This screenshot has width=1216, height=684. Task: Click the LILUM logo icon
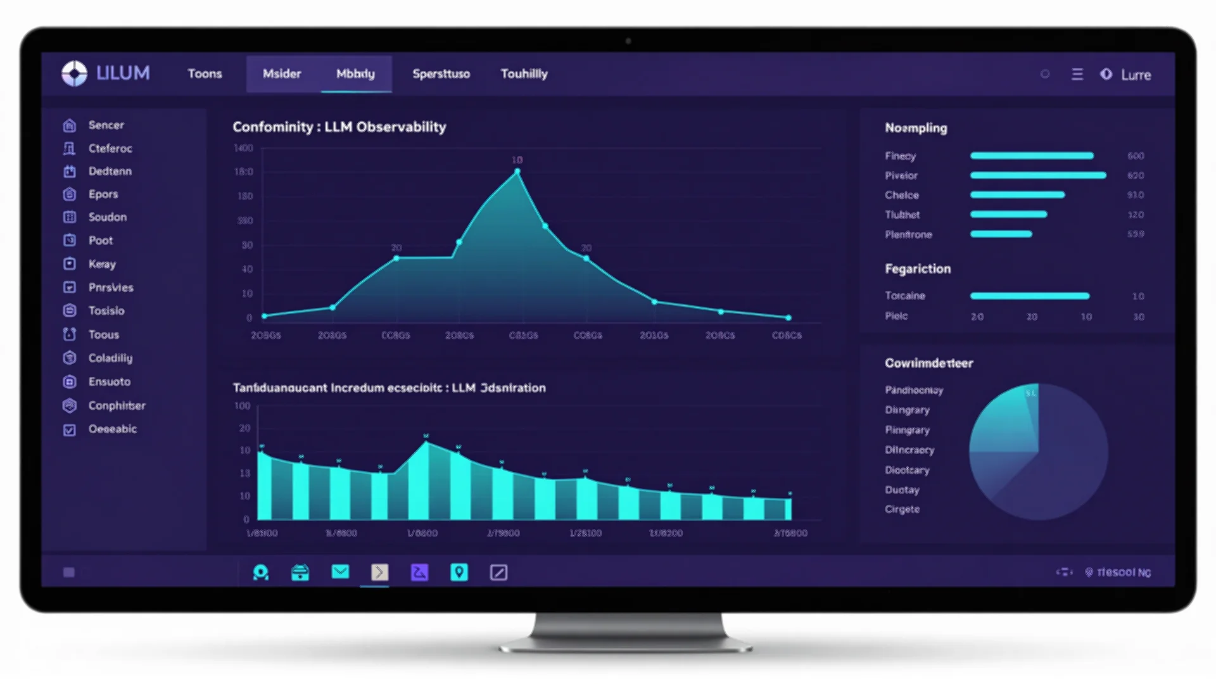point(74,73)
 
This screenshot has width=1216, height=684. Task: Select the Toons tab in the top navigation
point(205,73)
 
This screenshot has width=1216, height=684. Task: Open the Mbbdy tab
point(355,73)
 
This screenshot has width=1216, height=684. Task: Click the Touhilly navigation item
point(524,73)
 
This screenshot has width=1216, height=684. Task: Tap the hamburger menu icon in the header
point(1077,74)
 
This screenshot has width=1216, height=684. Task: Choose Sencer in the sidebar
point(106,125)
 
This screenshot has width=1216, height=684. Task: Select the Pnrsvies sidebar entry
point(111,287)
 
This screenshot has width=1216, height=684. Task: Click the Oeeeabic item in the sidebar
point(112,429)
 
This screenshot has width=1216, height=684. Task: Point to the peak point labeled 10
point(517,171)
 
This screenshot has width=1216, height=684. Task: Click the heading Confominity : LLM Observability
point(339,127)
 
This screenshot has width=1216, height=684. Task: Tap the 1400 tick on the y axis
point(243,148)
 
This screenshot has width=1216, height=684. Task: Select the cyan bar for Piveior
point(1037,175)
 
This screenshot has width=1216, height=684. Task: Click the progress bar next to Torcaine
point(1030,296)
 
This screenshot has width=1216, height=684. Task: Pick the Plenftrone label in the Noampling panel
point(908,234)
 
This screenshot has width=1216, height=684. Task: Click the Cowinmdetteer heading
point(928,363)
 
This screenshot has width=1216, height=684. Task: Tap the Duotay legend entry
point(902,490)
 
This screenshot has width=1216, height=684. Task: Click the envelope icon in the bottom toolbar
point(340,572)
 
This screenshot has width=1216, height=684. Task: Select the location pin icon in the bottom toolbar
point(459,572)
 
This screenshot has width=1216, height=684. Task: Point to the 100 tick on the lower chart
point(242,405)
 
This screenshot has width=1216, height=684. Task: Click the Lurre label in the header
point(1136,75)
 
